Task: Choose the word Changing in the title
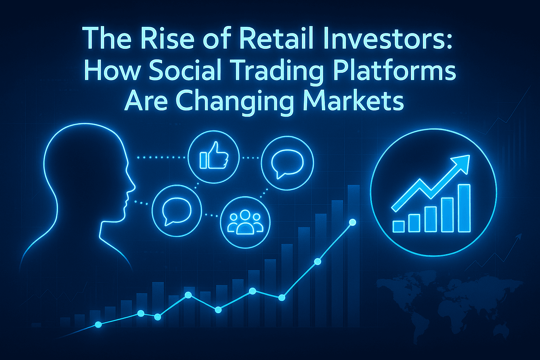click(x=235, y=102)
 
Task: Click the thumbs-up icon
click(x=214, y=155)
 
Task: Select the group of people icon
click(x=245, y=222)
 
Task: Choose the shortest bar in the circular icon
click(x=398, y=226)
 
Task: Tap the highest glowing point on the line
click(x=352, y=222)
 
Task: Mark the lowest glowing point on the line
click(x=98, y=324)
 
